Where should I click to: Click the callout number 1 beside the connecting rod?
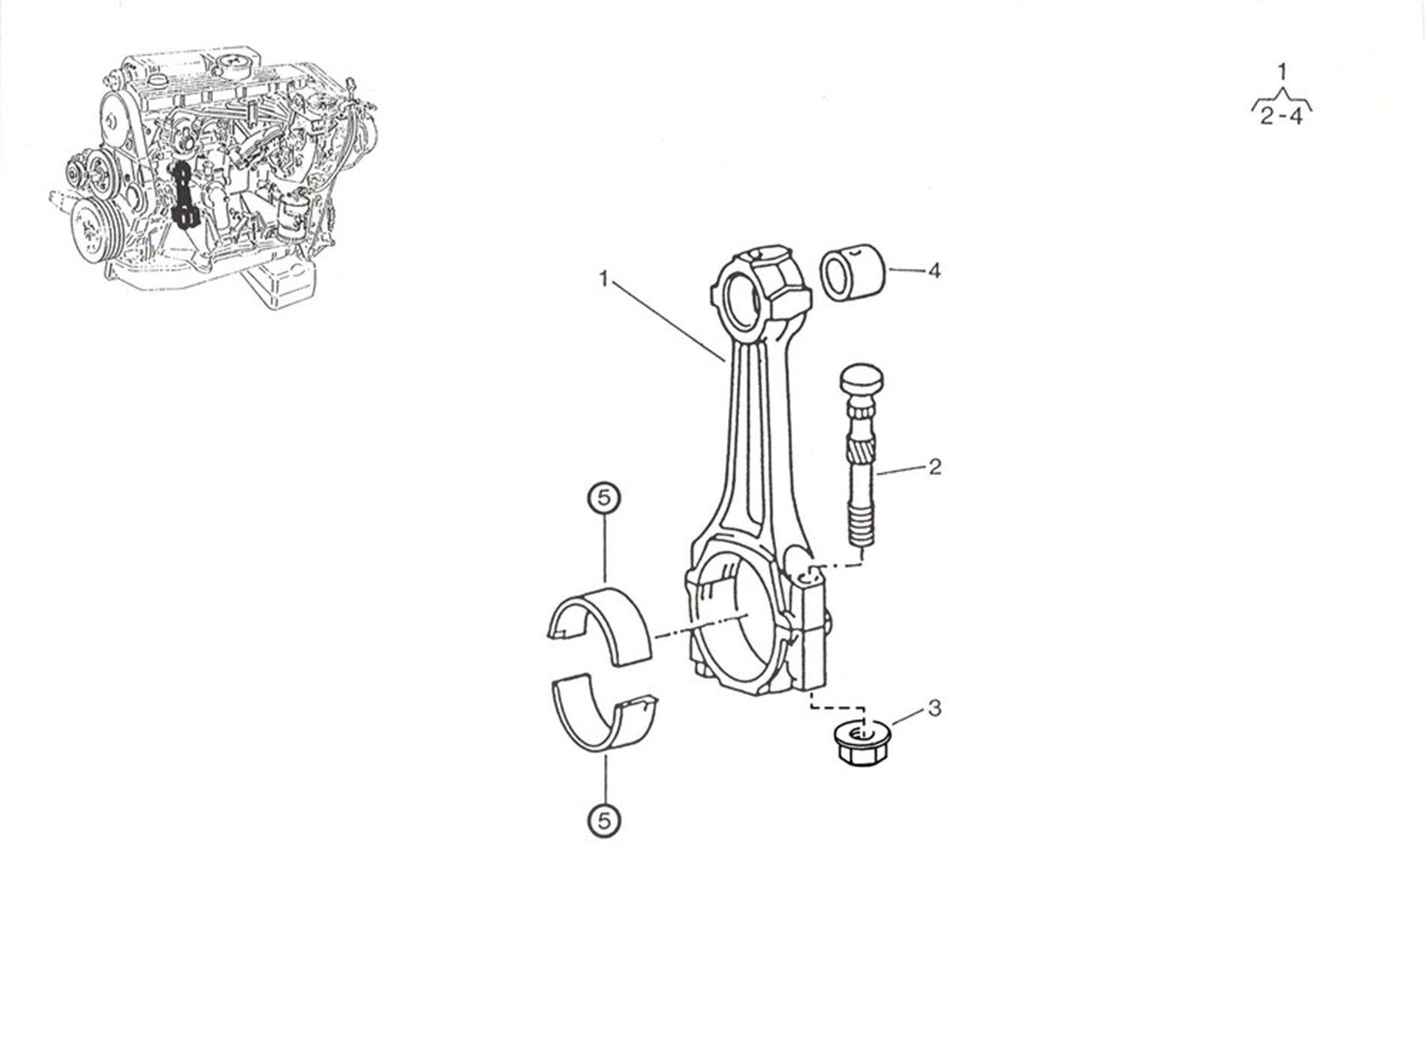[x=603, y=279]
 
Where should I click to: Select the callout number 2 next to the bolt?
[x=934, y=467]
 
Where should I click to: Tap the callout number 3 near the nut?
[x=934, y=708]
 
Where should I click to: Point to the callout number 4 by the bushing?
[x=934, y=270]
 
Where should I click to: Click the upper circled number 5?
[x=604, y=497]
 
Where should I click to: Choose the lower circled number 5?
[x=604, y=820]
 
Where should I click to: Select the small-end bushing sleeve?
[x=852, y=272]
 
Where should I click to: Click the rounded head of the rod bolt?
[x=862, y=381]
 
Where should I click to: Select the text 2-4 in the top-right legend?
[x=1281, y=116]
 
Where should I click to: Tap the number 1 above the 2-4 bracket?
[x=1282, y=71]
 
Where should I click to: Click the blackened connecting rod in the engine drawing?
[x=183, y=195]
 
